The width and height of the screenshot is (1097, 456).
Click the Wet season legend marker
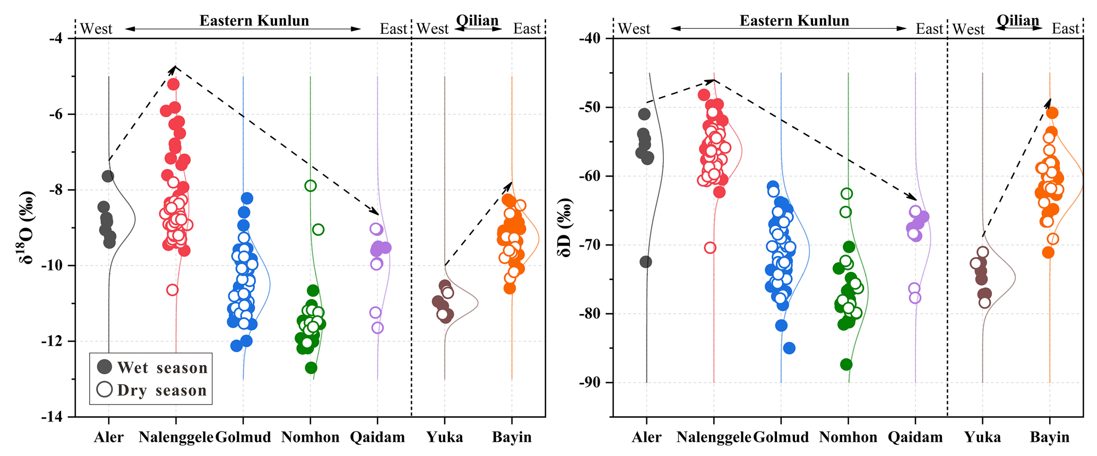tap(105, 366)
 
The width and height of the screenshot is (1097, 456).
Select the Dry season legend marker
tap(105, 389)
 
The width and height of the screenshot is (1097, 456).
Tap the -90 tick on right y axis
tap(590, 383)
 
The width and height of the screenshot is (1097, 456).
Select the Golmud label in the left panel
tap(243, 437)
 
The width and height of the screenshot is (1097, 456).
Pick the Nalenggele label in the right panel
tap(713, 437)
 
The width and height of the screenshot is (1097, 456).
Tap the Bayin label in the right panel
tap(1049, 437)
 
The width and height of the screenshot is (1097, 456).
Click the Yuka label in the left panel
tap(445, 437)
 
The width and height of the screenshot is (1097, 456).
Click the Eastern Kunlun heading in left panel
tap(254, 21)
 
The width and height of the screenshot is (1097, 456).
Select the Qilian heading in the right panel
tap(1017, 21)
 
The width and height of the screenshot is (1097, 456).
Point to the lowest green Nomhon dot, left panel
tap(311, 368)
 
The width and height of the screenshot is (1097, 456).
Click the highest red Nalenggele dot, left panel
tap(173, 84)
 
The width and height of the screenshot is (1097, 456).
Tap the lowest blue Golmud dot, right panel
tap(789, 348)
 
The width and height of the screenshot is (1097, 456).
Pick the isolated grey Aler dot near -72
tap(645, 262)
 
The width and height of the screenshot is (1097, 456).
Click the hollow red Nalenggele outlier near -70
tap(710, 248)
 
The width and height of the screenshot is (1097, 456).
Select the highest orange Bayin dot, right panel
tap(1052, 113)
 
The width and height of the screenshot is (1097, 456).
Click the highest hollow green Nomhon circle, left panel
tap(310, 186)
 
